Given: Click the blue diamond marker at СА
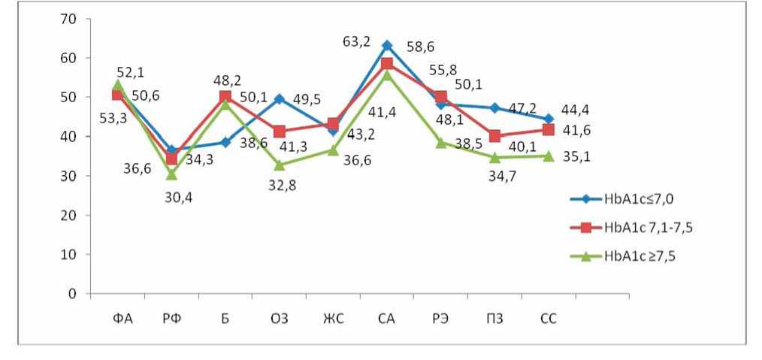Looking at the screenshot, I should click(387, 46).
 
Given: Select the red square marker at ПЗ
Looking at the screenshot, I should click(494, 136).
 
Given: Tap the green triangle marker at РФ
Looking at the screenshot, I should click(171, 174).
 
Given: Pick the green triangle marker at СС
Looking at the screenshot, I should click(549, 156).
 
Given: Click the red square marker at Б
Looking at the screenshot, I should click(225, 97).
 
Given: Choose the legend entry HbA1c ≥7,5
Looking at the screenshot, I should click(637, 256).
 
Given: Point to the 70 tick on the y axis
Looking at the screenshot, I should click(69, 19).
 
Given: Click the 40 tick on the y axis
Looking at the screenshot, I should click(69, 136).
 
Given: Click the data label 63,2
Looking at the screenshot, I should click(356, 42).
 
